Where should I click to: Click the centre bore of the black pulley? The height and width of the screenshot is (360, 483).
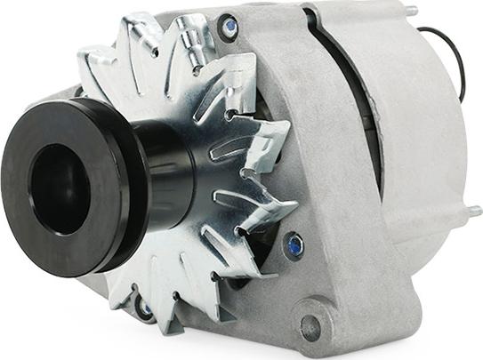59,188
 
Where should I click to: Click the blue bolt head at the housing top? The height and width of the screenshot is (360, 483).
230,28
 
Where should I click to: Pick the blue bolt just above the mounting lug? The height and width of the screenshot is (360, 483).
294,244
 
